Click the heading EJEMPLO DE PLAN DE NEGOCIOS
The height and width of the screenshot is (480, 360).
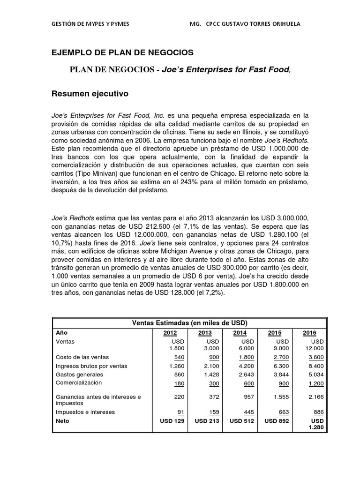coord(122,52)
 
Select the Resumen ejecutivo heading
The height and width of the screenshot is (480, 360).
coord(90,94)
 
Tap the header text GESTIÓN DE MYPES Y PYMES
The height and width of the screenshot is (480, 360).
coord(90,24)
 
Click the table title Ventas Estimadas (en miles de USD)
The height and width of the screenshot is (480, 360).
coord(189,323)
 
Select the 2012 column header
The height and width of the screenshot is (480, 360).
coord(170,333)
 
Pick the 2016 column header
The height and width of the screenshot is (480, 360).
coord(309,333)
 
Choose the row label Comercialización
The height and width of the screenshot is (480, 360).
coord(78,382)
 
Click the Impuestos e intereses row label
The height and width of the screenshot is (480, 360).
coord(85,412)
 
